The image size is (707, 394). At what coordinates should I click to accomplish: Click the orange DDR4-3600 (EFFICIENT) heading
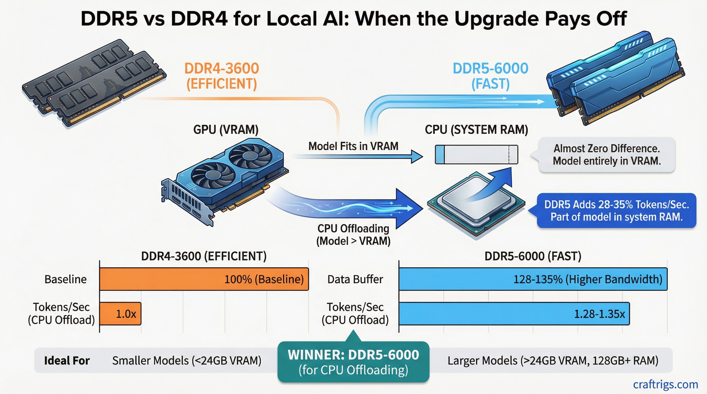[221, 76]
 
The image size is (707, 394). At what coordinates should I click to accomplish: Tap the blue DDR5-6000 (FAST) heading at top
[490, 76]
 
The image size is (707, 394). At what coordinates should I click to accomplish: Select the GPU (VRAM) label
[226, 130]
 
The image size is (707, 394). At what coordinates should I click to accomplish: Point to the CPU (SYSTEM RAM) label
[476, 130]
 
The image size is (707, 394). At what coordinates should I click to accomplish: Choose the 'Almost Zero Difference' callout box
[607, 154]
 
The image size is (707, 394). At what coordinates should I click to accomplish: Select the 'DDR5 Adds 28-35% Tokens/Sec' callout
[616, 210]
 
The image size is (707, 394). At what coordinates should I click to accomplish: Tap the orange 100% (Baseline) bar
[204, 279]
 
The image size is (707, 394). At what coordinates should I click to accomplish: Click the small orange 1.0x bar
[120, 314]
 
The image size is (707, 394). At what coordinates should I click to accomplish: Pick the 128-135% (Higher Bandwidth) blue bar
[533, 279]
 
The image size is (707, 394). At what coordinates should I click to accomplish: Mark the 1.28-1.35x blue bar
[514, 314]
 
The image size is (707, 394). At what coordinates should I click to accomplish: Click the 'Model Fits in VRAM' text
[353, 146]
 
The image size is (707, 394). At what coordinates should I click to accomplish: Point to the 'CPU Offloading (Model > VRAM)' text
[353, 235]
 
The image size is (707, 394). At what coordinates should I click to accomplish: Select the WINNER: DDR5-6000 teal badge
[353, 362]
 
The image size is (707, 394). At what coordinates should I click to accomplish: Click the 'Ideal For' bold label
[67, 361]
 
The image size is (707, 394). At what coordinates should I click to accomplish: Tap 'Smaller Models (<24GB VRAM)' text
[187, 361]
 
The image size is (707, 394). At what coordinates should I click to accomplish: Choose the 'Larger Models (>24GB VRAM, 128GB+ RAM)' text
[553, 361]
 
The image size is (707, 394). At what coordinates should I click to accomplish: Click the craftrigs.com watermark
[665, 385]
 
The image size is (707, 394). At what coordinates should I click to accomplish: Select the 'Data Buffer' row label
[355, 279]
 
